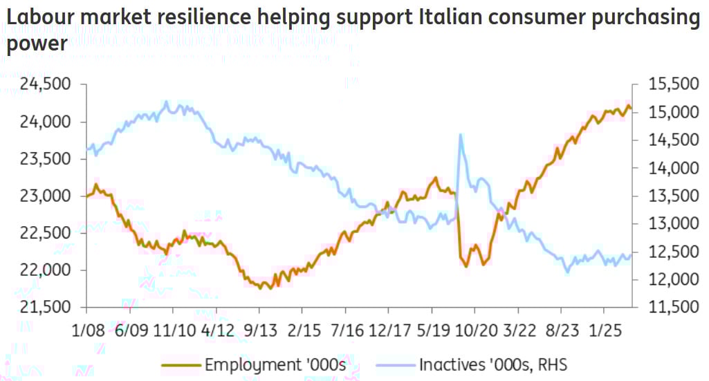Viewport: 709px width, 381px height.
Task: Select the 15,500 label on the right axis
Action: tap(670, 85)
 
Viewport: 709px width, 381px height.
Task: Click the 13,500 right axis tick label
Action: tap(670, 196)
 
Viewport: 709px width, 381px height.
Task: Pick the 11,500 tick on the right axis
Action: tap(670, 307)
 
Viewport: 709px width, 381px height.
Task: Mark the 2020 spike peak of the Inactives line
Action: tap(461, 135)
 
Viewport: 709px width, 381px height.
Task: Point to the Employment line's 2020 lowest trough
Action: tap(466, 266)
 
